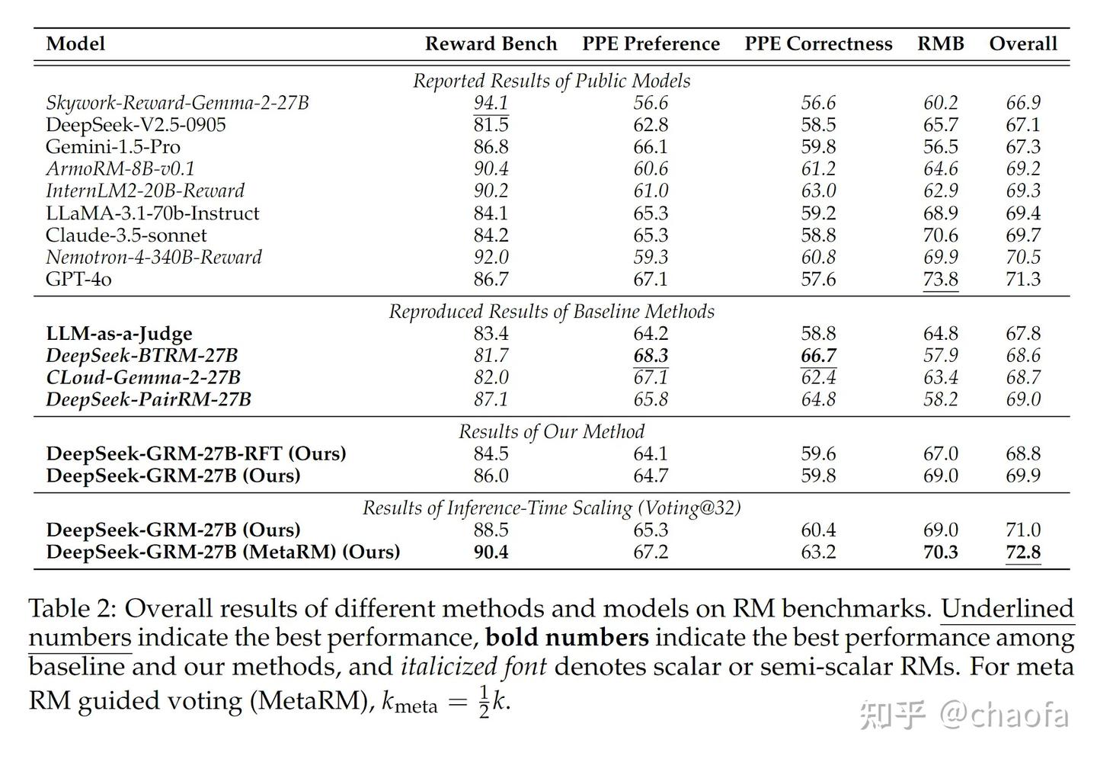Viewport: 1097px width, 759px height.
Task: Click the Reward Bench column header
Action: tap(491, 43)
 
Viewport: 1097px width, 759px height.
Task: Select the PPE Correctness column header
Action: tap(818, 43)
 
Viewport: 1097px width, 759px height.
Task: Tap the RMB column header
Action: tap(940, 43)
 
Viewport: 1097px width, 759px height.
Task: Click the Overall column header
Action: tap(1023, 43)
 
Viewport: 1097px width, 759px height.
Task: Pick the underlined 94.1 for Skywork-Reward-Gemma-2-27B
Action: tap(491, 103)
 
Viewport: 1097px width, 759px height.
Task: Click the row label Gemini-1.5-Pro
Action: tap(113, 147)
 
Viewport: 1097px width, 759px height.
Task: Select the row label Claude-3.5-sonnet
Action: tap(126, 235)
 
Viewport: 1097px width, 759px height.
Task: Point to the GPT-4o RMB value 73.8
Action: tap(940, 280)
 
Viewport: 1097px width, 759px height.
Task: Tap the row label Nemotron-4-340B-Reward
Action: tap(154, 258)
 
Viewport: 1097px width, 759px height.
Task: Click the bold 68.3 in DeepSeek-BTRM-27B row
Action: tap(651, 355)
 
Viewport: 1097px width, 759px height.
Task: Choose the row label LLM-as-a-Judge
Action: tap(120, 334)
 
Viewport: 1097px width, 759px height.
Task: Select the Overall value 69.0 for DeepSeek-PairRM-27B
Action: tap(1023, 399)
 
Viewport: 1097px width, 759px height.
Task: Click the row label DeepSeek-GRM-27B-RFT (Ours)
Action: tap(197, 453)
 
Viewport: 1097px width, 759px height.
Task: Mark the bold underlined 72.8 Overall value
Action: tap(1023, 552)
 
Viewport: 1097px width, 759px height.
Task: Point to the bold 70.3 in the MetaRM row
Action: tap(940, 552)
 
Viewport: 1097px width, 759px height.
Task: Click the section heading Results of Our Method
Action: tap(552, 431)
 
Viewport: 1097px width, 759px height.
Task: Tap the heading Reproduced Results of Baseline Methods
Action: tap(552, 312)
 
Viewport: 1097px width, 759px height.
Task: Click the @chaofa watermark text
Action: tap(1004, 716)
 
